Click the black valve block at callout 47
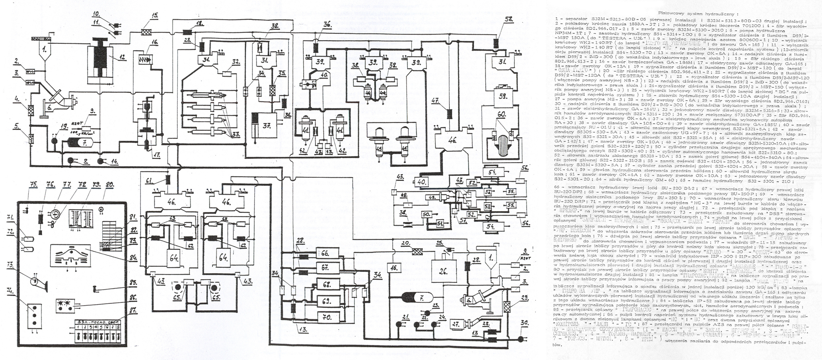[449, 113]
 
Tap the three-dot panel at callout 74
[32, 315]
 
